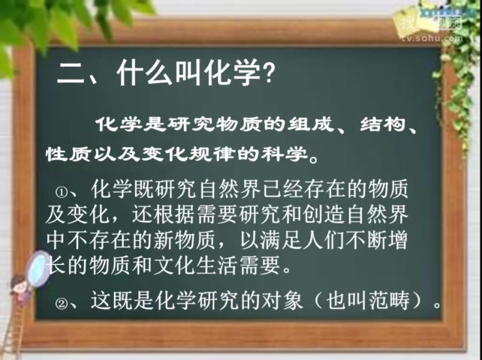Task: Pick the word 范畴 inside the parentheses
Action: [401, 302]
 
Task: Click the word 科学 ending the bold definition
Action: [288, 154]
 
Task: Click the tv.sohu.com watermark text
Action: [428, 37]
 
